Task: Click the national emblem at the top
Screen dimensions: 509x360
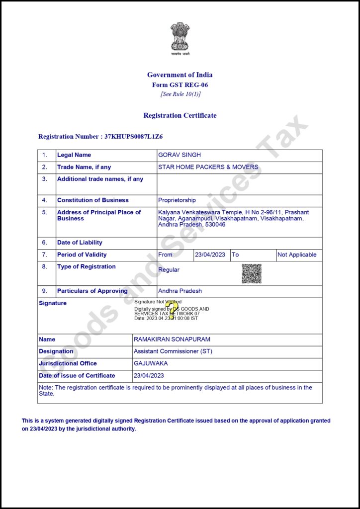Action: (180, 37)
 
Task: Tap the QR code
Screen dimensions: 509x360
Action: (252, 274)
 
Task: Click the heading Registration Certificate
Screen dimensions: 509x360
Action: (180, 115)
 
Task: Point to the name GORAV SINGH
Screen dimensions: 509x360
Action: (179, 155)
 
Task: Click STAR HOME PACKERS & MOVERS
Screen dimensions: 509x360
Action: (208, 167)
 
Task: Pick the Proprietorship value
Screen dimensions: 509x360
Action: (177, 200)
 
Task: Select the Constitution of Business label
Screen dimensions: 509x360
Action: (92, 200)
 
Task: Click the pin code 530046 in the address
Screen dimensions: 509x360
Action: (214, 225)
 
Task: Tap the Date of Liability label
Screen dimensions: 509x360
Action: (80, 243)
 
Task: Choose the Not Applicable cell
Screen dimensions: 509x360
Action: (297, 254)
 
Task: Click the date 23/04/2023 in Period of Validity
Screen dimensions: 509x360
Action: (210, 254)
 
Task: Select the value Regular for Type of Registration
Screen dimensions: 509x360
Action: (169, 270)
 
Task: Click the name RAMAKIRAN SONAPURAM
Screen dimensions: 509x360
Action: (172, 339)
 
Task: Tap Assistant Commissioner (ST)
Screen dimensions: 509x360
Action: (177, 351)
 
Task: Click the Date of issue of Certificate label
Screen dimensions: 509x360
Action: (77, 376)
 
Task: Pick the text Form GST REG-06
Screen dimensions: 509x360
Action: (180, 85)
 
